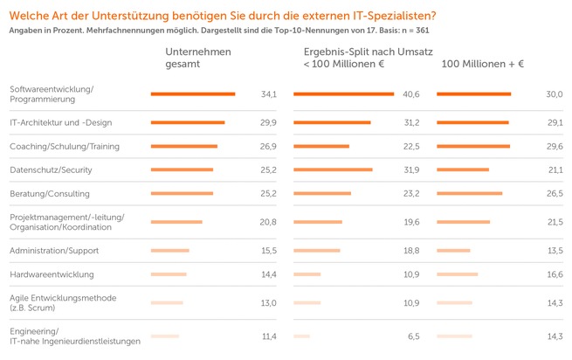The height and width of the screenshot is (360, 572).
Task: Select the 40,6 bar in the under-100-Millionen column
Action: (x=343, y=93)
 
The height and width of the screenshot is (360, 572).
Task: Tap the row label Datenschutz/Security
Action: (x=51, y=170)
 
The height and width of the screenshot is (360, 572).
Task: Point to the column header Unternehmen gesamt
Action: (x=198, y=58)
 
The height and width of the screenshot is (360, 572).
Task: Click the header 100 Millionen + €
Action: (x=482, y=64)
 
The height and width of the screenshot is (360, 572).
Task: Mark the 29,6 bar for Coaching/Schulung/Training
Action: (x=472, y=146)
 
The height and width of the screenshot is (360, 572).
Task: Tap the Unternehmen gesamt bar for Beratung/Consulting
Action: (x=182, y=193)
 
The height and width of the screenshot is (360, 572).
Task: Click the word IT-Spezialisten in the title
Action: (x=391, y=15)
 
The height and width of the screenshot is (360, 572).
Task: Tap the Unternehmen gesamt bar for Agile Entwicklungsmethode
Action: (x=167, y=303)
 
